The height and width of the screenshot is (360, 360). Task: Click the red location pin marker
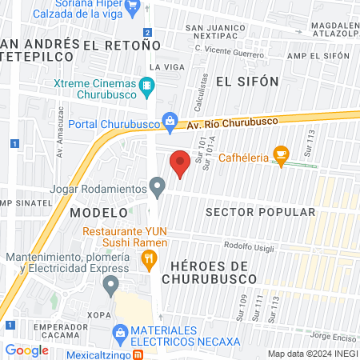(180, 165)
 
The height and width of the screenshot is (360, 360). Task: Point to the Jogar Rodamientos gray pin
(158, 188)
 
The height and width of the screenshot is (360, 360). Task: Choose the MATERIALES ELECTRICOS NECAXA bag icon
(120, 330)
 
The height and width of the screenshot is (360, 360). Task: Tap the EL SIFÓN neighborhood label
(247, 82)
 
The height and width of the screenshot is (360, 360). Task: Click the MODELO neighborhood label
(98, 213)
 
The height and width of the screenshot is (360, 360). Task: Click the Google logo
(26, 350)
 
